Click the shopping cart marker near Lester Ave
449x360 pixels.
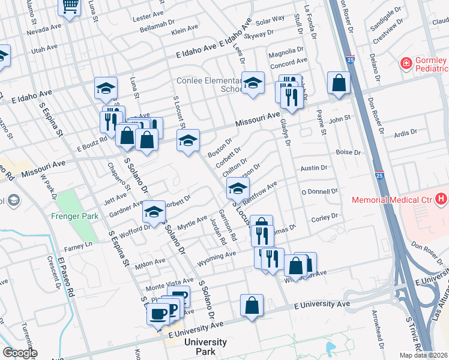[70, 7]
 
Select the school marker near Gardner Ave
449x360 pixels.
[154, 211]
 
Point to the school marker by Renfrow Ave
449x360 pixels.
[237, 189]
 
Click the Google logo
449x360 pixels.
[19, 353]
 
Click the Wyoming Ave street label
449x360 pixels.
[217, 256]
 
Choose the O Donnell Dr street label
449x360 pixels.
[320, 191]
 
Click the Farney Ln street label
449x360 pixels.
[80, 245]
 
